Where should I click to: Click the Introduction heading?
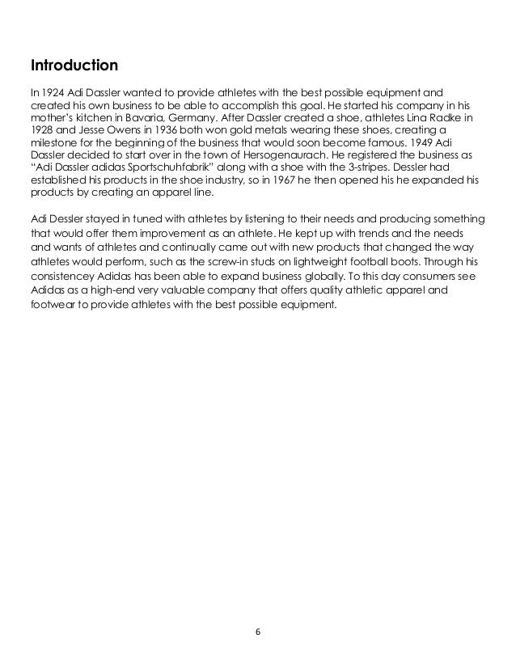74,63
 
